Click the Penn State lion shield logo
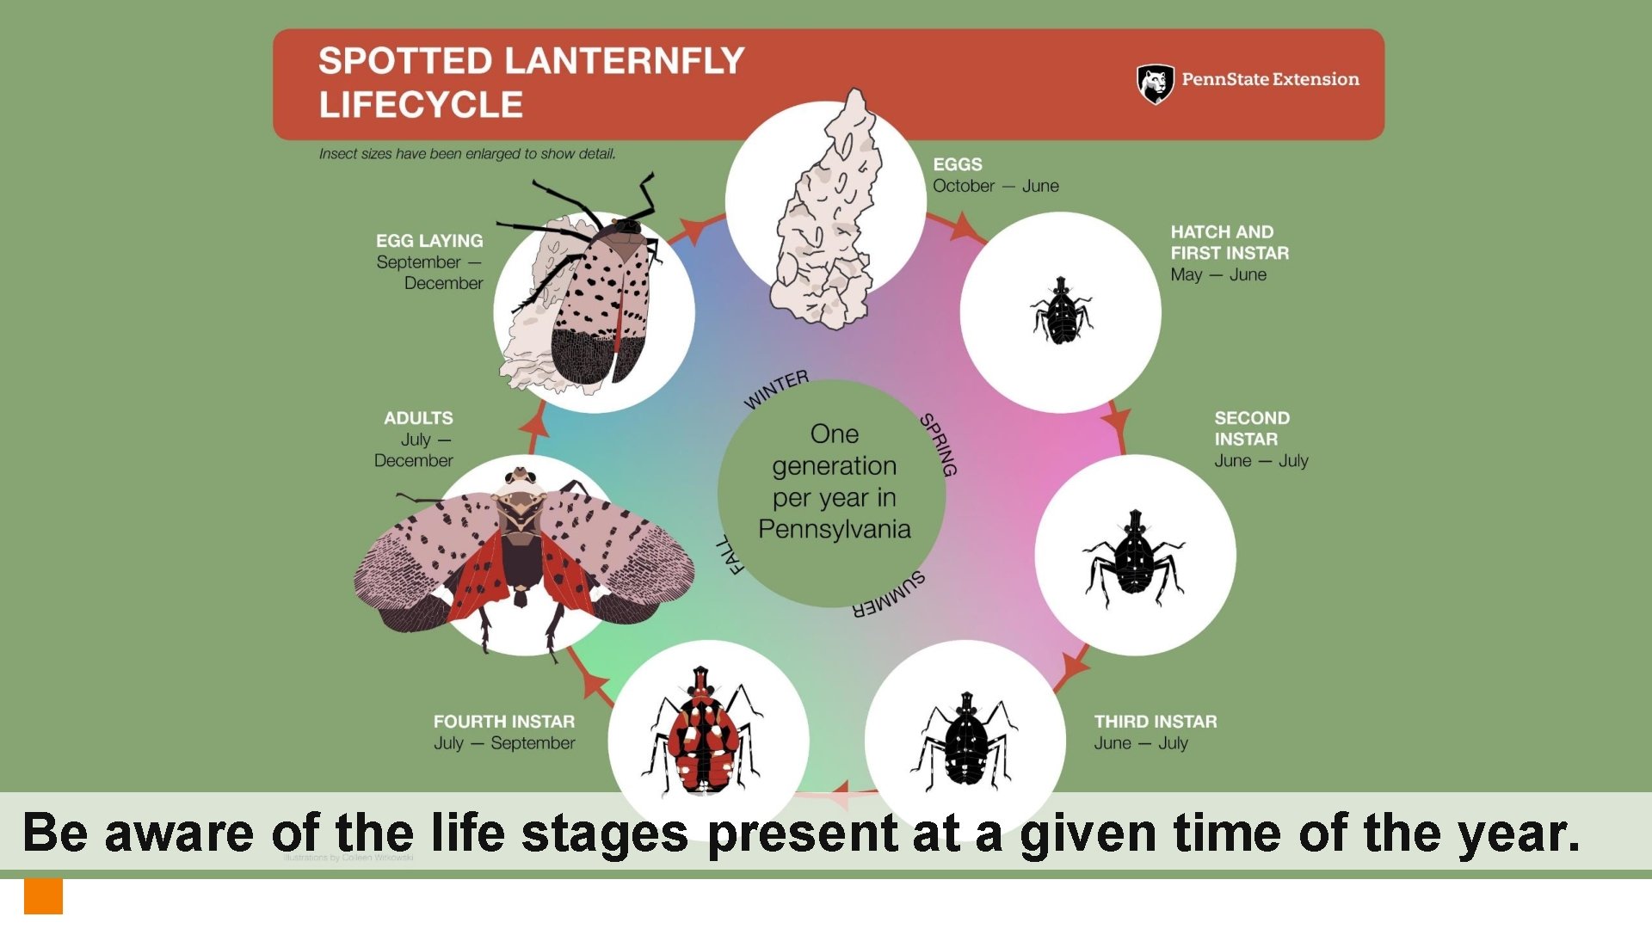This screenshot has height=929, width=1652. [1155, 83]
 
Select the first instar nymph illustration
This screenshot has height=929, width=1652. [1062, 311]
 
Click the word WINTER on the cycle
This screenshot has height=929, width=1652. [776, 390]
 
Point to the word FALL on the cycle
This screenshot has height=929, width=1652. [730, 555]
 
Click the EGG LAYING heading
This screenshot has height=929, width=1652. [429, 241]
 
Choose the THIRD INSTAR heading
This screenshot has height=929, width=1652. [1156, 722]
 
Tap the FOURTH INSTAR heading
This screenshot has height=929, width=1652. [504, 722]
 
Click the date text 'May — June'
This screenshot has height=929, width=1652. [1218, 274]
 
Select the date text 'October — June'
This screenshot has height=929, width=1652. [996, 186]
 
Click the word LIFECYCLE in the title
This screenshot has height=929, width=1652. [421, 105]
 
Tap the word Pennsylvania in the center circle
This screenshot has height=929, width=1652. [834, 529]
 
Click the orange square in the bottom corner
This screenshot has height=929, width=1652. [43, 896]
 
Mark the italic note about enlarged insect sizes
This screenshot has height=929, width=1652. [467, 154]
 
